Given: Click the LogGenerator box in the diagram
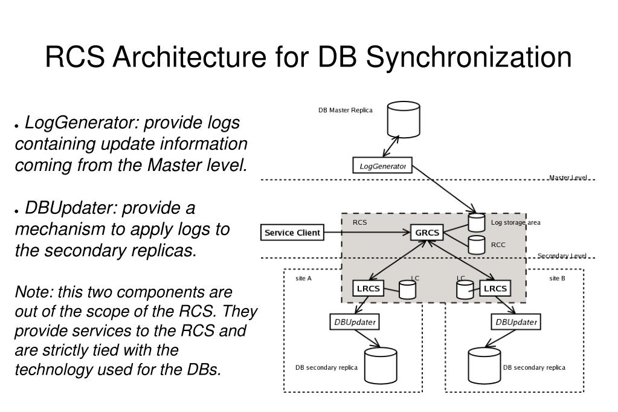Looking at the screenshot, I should click(382, 166).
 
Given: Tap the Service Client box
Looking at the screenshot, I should click(292, 233).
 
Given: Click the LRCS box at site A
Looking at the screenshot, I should click(369, 288).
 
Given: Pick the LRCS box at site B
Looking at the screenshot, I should click(495, 288).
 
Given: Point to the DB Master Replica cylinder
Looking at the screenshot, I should click(403, 120).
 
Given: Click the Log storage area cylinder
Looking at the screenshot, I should click(477, 222).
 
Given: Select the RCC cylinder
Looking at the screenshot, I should click(477, 244).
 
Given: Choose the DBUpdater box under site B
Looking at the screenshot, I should click(516, 322).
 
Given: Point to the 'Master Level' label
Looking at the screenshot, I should click(567, 178).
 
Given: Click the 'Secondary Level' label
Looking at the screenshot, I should click(562, 256).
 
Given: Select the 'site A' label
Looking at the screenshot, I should click(304, 278).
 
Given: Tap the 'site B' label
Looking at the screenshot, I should click(557, 278).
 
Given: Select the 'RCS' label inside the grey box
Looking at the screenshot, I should click(359, 222).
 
